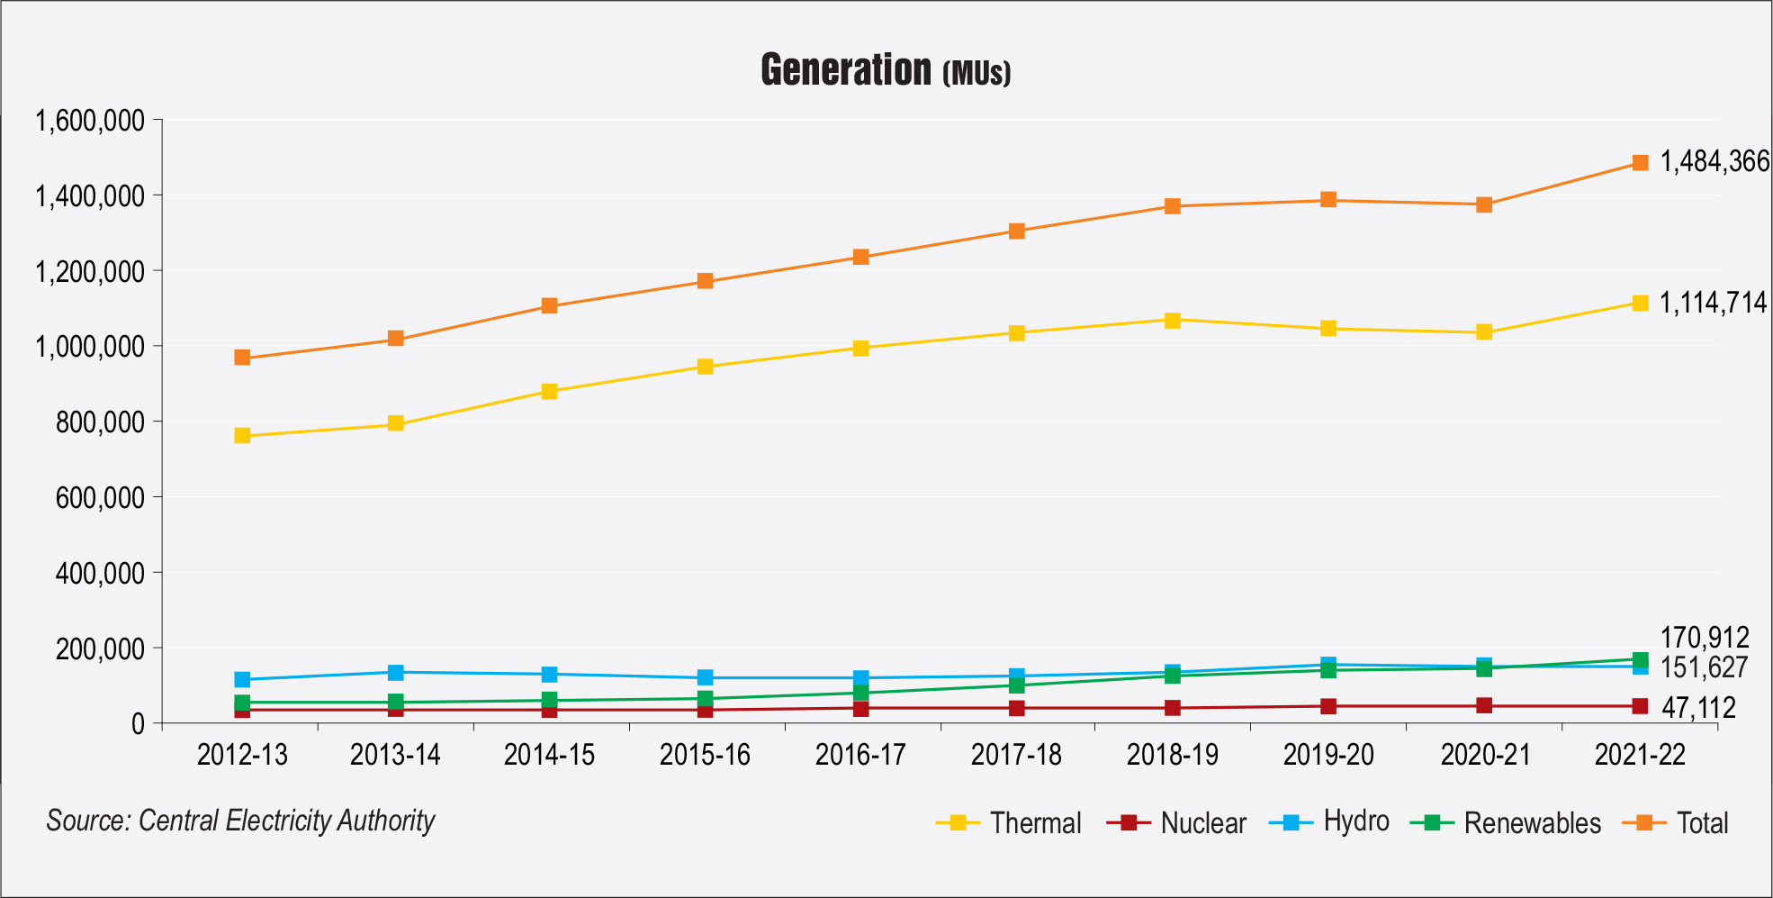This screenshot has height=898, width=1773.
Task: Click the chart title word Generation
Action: click(x=846, y=69)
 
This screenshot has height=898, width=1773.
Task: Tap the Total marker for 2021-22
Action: click(x=1640, y=163)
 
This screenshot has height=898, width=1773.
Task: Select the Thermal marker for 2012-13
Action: click(x=242, y=436)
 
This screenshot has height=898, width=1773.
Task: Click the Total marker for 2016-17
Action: click(x=860, y=258)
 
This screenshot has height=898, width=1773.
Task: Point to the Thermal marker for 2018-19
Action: click(x=1172, y=321)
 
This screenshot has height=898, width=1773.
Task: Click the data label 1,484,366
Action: click(x=1714, y=162)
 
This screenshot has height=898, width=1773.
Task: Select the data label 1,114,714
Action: click(x=1714, y=303)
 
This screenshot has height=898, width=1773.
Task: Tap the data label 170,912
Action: click(x=1705, y=638)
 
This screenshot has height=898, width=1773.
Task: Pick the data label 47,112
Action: click(x=1698, y=708)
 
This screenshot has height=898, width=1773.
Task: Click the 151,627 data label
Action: click(x=1705, y=667)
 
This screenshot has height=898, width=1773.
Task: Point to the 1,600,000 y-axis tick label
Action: click(x=90, y=121)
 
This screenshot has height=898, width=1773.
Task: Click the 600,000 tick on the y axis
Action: click(x=100, y=497)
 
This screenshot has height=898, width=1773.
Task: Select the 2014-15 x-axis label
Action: click(x=549, y=755)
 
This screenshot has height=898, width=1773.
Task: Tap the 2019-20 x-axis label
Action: click(x=1328, y=755)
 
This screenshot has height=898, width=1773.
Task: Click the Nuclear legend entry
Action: click(x=1177, y=822)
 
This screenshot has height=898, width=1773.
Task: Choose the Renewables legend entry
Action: click(x=1507, y=822)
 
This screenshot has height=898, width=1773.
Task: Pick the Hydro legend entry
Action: click(x=1329, y=821)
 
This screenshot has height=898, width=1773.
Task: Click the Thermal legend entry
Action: click(x=1009, y=822)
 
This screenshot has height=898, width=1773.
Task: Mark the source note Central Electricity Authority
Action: click(x=286, y=821)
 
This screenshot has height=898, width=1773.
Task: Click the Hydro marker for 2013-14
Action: click(x=395, y=673)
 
